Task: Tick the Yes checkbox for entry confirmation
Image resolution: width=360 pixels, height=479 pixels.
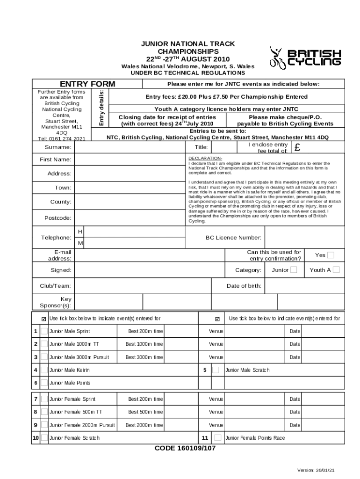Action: [331, 255]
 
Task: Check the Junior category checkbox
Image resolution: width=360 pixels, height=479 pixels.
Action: [293, 269]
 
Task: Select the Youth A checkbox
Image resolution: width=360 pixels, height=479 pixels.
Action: [336, 269]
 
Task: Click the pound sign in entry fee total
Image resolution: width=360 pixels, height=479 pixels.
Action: [297, 148]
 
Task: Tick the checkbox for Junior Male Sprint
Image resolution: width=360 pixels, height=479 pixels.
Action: [44, 331]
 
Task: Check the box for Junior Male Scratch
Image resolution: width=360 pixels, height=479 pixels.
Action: [216, 370]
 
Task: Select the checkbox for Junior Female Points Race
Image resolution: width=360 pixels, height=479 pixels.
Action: [218, 438]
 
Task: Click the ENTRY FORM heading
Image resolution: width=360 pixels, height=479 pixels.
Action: [87, 84]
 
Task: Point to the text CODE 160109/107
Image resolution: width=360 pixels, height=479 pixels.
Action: [185, 448]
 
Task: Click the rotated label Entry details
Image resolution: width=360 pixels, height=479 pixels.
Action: [101, 108]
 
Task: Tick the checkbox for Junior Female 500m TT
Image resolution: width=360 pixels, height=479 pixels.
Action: [44, 412]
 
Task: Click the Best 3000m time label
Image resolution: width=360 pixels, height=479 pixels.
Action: [144, 357]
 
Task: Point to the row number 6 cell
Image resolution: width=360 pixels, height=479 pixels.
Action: [36, 383]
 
